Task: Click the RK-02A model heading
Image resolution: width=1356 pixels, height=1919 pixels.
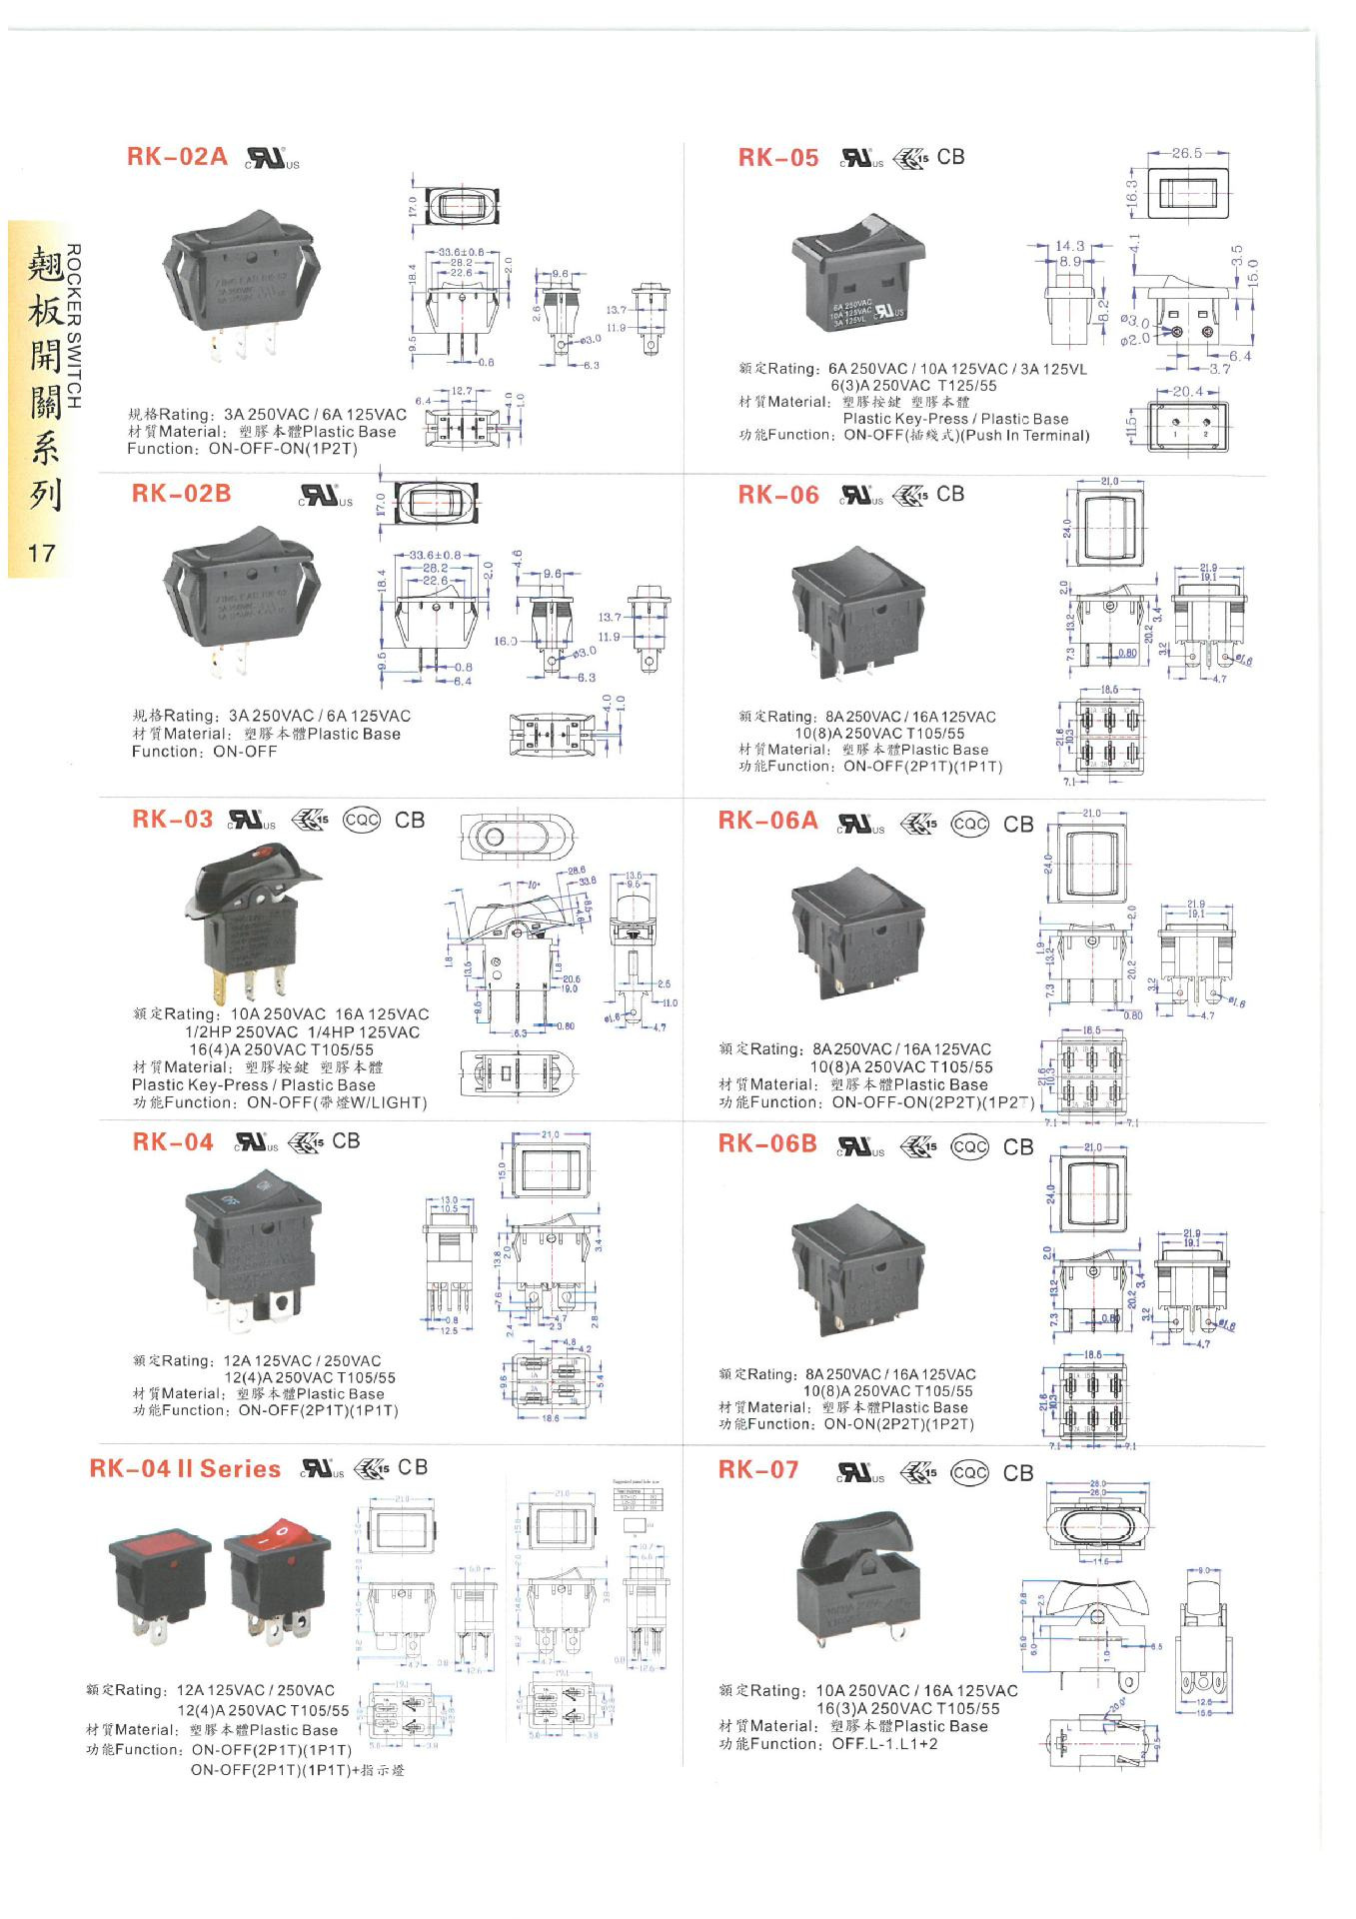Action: (x=177, y=157)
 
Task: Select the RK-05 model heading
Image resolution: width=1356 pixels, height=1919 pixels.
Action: (x=777, y=158)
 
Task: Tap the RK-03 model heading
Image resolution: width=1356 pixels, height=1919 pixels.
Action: (x=172, y=820)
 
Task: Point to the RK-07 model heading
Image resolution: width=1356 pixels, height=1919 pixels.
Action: (x=758, y=1470)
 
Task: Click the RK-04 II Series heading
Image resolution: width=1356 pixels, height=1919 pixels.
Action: (x=185, y=1469)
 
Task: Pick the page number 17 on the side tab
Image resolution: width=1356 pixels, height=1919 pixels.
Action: (x=41, y=553)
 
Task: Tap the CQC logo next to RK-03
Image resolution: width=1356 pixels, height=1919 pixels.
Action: (x=362, y=820)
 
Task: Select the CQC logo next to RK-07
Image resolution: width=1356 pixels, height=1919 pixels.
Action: (x=969, y=1472)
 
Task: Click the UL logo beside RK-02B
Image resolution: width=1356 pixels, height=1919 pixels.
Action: (x=325, y=495)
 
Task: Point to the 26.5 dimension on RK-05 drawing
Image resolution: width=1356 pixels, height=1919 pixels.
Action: (x=1186, y=153)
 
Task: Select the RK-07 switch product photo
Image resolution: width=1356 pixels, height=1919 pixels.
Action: (x=857, y=1580)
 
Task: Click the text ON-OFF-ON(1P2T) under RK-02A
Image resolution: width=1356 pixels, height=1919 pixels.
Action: (x=283, y=449)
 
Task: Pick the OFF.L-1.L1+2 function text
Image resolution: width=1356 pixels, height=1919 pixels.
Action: (x=884, y=1744)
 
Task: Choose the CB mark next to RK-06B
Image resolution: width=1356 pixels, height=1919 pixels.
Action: (x=1018, y=1146)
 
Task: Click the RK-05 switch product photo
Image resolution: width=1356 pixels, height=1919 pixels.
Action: (x=857, y=272)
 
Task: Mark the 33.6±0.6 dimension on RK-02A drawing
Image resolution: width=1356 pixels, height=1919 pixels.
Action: (x=461, y=253)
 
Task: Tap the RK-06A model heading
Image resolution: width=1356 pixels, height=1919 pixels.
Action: (x=767, y=821)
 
